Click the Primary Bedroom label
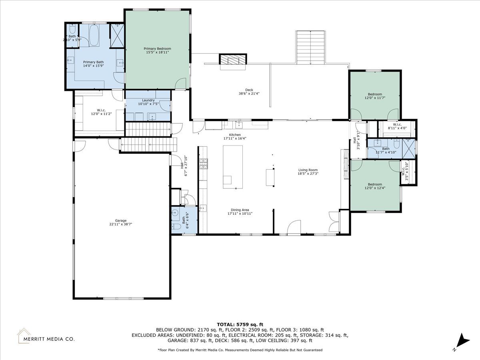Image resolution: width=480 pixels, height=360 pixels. pos(157,48)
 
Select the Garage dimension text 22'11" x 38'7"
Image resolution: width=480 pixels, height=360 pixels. pos(121,224)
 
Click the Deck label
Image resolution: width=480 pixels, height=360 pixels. pos(249,90)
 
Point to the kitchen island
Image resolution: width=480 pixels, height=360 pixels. pos(233,167)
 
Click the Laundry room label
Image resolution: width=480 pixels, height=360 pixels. pos(148,100)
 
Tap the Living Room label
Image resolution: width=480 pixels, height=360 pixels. pos(308,170)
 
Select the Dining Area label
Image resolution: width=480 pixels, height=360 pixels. pos(240,210)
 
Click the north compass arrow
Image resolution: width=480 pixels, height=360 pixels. pos(463,346)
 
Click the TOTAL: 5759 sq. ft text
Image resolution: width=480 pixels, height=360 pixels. pos(240,324)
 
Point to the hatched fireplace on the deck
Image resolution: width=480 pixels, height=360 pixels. pos(233,60)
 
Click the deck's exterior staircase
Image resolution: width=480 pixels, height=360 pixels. pos(310,48)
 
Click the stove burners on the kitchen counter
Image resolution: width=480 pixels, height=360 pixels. pos(203,164)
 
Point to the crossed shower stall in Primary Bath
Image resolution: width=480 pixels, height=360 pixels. pos(117,36)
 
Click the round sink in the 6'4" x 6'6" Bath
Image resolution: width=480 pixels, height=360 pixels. pos(175,212)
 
